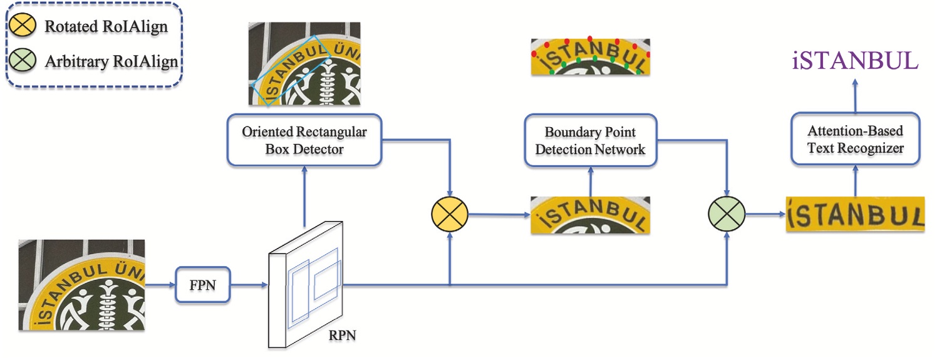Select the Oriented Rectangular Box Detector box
point(304,140)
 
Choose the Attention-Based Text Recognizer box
point(855,139)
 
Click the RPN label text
point(343,336)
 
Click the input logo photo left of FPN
point(81,285)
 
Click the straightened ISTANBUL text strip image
point(855,214)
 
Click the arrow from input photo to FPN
point(160,285)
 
